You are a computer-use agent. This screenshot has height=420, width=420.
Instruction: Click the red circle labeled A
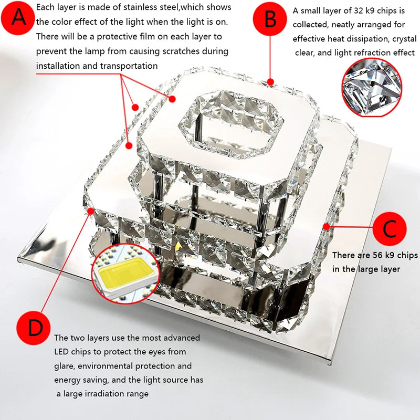click(19, 18)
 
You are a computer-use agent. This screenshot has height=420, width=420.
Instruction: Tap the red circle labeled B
click(270, 20)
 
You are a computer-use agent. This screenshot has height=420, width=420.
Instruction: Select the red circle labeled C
click(389, 229)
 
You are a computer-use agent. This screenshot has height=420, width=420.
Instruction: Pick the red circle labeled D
click(35, 328)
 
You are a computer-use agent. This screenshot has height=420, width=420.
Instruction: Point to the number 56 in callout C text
click(377, 255)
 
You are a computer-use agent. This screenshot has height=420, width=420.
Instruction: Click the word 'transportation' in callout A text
click(131, 66)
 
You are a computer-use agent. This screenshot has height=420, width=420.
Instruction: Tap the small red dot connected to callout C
click(326, 226)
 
